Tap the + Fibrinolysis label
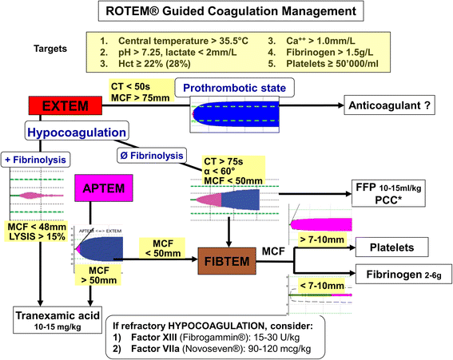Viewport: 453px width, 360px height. click(38, 159)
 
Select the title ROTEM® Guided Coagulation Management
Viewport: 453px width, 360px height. click(225, 12)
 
